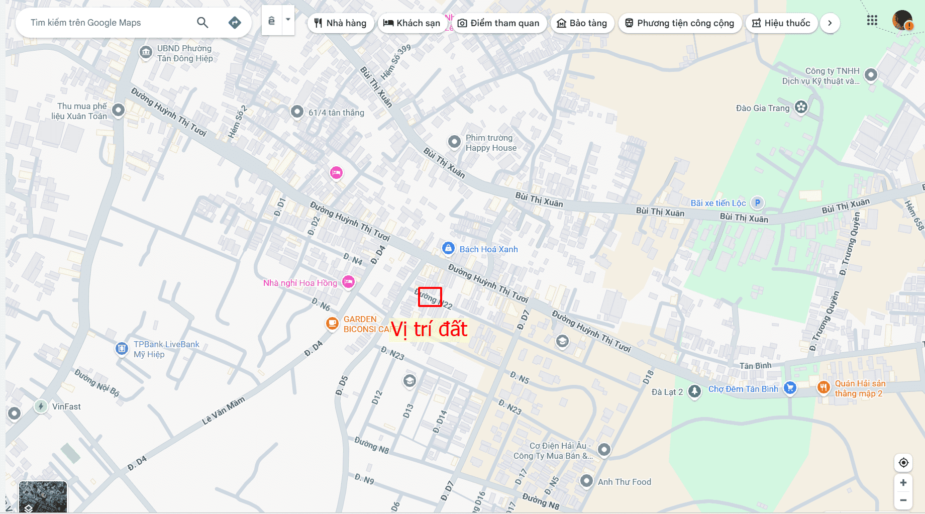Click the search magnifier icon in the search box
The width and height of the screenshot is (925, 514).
point(202,22)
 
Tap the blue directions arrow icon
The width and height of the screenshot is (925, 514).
point(235,22)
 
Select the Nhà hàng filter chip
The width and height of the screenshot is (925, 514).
point(341,23)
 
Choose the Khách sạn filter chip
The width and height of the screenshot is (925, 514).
point(412,23)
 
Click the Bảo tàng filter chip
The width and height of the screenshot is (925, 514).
point(582,23)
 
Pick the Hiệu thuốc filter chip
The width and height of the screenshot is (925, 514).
point(781,23)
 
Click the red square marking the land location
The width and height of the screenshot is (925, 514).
point(430,297)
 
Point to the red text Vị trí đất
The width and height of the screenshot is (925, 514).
point(429,330)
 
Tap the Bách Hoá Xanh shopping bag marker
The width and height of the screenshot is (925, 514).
point(448,248)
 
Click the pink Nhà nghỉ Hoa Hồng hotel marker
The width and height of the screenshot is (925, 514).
point(349,282)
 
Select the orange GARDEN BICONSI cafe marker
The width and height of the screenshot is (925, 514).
point(332,323)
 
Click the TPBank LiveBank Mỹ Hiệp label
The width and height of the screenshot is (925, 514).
point(166,349)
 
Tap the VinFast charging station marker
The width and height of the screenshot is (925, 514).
point(41,406)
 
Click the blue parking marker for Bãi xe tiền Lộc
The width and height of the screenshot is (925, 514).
point(757,202)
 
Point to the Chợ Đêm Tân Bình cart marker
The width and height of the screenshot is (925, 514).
point(790,387)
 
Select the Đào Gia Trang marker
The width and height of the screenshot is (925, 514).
point(801,107)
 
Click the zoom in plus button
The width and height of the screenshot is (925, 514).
point(903,483)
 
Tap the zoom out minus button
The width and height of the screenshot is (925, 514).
point(903,500)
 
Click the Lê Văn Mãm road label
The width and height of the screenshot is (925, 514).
point(224,410)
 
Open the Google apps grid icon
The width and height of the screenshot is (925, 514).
point(872,21)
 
